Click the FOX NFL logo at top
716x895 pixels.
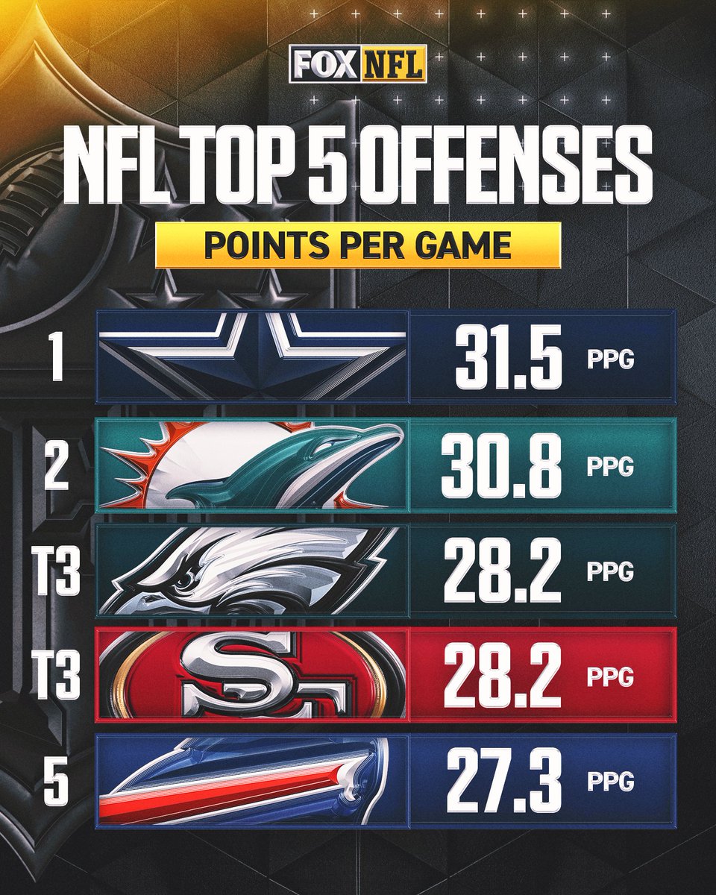point(357,63)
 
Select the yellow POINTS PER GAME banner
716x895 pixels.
point(357,245)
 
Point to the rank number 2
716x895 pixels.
point(57,465)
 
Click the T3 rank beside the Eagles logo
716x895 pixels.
point(57,572)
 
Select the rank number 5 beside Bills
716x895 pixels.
point(57,781)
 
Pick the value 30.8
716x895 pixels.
point(501,465)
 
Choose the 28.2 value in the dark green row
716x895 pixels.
point(501,572)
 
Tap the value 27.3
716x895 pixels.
point(501,781)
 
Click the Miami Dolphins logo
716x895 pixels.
point(254,465)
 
